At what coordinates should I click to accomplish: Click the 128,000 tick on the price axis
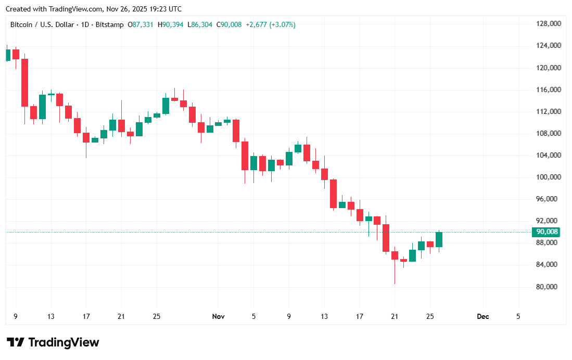click(548, 24)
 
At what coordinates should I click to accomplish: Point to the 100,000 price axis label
click(548, 177)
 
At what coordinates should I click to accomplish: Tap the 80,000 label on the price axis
click(548, 287)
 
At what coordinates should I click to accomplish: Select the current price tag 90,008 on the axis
click(548, 232)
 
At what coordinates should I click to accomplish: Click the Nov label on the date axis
click(219, 316)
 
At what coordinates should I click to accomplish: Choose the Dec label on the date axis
click(483, 316)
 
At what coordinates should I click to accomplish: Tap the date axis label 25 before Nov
click(157, 316)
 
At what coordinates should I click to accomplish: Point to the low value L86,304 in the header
click(200, 24)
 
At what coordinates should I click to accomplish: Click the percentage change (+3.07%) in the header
click(282, 24)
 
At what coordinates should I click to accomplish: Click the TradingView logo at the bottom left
click(53, 342)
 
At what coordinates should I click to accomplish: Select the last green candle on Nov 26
click(439, 239)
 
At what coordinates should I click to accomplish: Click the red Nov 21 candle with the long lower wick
click(395, 255)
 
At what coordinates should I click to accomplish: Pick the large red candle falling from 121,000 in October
click(24, 82)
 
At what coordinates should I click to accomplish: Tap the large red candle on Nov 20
click(386, 238)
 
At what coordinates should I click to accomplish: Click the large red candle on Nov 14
click(333, 194)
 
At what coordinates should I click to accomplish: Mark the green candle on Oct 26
click(166, 106)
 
